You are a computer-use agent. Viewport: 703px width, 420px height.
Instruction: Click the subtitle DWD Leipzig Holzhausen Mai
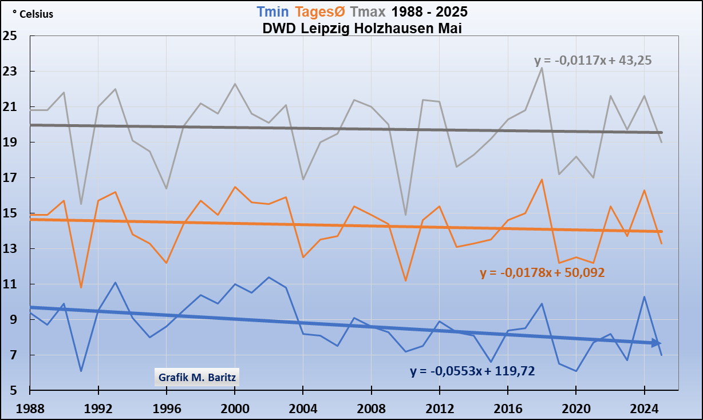(x=362, y=28)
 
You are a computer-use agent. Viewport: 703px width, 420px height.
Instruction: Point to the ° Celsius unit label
(x=33, y=14)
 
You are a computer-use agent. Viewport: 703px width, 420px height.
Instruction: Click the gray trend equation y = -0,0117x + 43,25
(x=593, y=60)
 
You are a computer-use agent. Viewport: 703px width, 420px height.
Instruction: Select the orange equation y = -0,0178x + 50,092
(x=543, y=273)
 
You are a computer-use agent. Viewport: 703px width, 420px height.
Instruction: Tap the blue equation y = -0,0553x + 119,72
(x=472, y=371)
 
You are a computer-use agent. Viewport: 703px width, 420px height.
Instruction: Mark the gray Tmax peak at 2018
(x=542, y=68)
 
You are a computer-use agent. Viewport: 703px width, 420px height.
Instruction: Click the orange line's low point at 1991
(x=81, y=287)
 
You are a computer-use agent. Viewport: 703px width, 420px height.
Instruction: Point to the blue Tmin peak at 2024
(x=644, y=297)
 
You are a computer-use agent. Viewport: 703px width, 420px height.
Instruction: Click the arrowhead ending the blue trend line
(x=657, y=343)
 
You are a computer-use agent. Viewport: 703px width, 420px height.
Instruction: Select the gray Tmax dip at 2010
(x=405, y=215)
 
